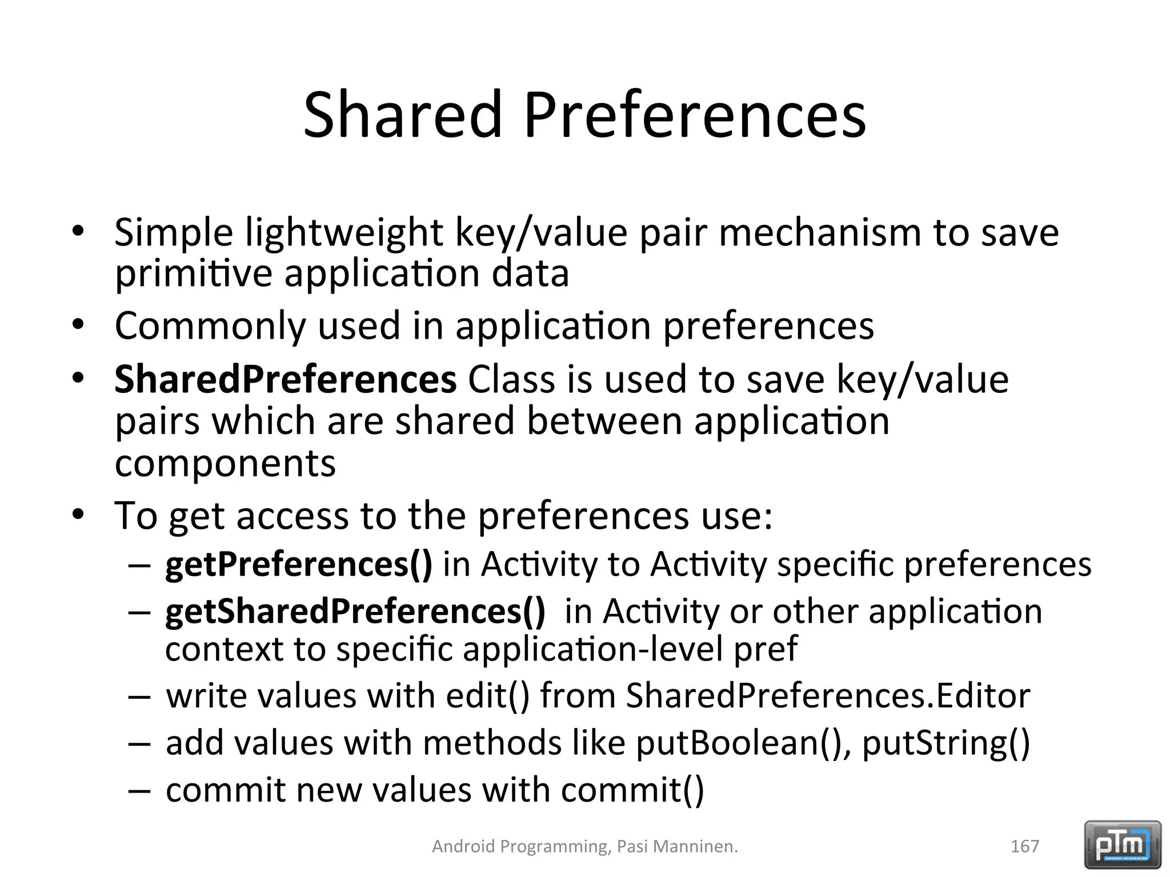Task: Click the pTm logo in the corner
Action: click(1122, 845)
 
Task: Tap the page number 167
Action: click(1024, 846)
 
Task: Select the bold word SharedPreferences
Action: click(285, 379)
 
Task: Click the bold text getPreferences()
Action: click(299, 564)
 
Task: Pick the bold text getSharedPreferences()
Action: click(355, 611)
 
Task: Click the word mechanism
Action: click(820, 233)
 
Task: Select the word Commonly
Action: click(210, 326)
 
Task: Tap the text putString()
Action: click(945, 743)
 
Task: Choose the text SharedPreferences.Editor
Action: click(828, 696)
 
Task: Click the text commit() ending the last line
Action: click(632, 790)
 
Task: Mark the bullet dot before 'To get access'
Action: click(78, 515)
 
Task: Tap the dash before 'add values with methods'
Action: click(139, 744)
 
